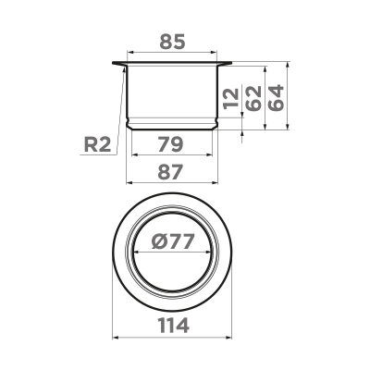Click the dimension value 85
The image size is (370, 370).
pos(173,41)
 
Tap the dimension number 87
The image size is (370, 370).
pos(173,171)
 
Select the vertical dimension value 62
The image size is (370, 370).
pos(253,97)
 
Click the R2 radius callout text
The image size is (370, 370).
pos(95,144)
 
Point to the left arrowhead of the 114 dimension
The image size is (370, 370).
pos(115,338)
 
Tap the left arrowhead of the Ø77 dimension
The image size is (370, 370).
pos(136,253)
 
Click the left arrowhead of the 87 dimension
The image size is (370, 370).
pos(127,183)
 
